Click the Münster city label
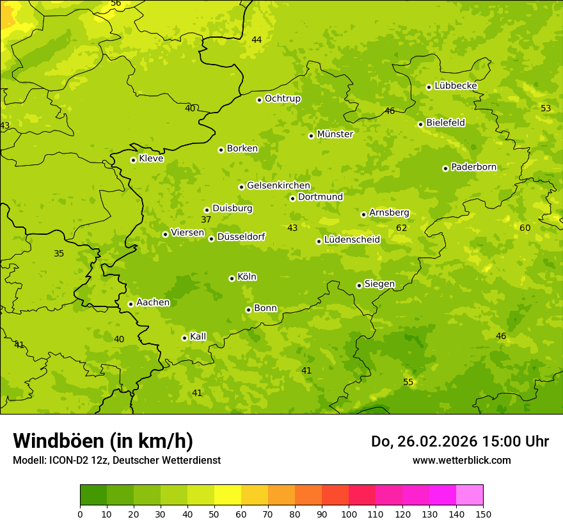pyautogui.click(x=335, y=134)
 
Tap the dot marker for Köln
pyautogui.click(x=232, y=278)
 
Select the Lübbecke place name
pyautogui.click(x=456, y=86)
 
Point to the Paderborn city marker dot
pyautogui.click(x=445, y=168)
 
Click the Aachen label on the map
pyautogui.click(x=153, y=303)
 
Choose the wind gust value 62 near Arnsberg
pyautogui.click(x=401, y=228)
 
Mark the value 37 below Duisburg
pyautogui.click(x=206, y=220)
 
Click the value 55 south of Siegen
pyautogui.click(x=408, y=383)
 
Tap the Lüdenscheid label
pyautogui.click(x=352, y=240)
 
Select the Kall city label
pyautogui.click(x=198, y=337)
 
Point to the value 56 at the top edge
pyautogui.click(x=116, y=3)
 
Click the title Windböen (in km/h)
pyautogui.click(x=103, y=441)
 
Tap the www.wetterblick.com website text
pyautogui.click(x=461, y=461)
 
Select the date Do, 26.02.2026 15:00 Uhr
pyautogui.click(x=459, y=441)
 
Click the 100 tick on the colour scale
pyautogui.click(x=349, y=514)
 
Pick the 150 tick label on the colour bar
pyautogui.click(x=483, y=514)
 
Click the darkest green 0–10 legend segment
pyautogui.click(x=93, y=495)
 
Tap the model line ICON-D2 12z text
pyautogui.click(x=116, y=461)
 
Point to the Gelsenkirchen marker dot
pyautogui.click(x=241, y=187)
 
